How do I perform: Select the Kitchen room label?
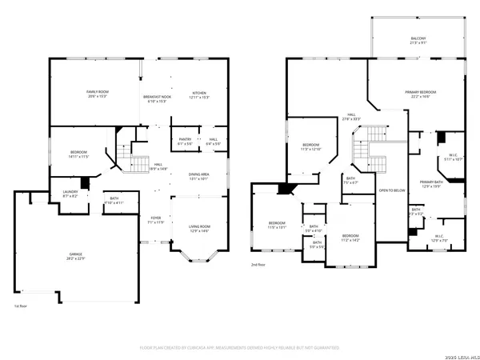pyautogui.click(x=199, y=94)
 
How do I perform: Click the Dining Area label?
pyautogui.click(x=199, y=177)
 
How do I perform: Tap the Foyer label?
pyautogui.click(x=157, y=219)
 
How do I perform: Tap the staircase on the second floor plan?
pyautogui.click(x=370, y=150)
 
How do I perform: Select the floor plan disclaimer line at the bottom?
pyautogui.click(x=240, y=347)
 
